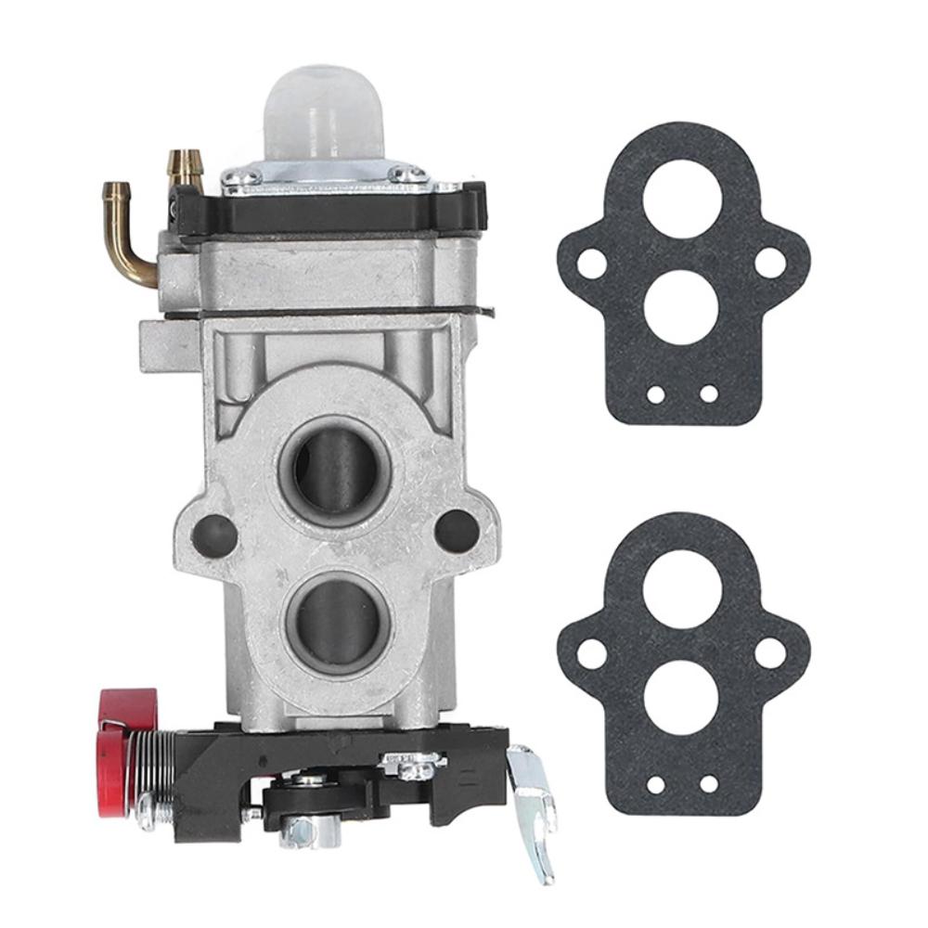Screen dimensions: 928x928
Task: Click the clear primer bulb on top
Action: [325, 111]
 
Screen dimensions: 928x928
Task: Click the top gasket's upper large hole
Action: [681, 198]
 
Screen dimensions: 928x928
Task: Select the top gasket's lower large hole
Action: [681, 307]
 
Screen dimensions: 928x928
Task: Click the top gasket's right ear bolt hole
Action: [769, 263]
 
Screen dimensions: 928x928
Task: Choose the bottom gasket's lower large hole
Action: [681, 697]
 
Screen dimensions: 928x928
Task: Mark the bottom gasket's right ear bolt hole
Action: [769, 652]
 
